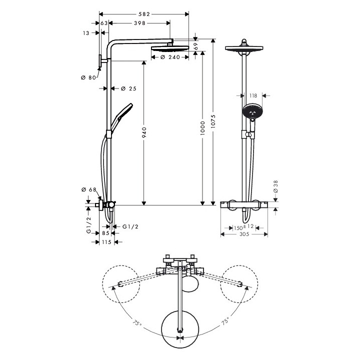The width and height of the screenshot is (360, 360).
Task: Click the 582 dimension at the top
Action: [144, 13]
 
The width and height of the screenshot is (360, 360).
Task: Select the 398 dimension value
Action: [140, 23]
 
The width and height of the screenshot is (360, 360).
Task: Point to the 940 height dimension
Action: [144, 132]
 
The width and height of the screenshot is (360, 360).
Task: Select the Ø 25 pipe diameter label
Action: [129, 88]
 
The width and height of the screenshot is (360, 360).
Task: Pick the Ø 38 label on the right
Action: [275, 187]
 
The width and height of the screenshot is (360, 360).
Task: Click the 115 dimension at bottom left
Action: [105, 242]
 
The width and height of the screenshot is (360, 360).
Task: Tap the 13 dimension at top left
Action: [86, 33]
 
